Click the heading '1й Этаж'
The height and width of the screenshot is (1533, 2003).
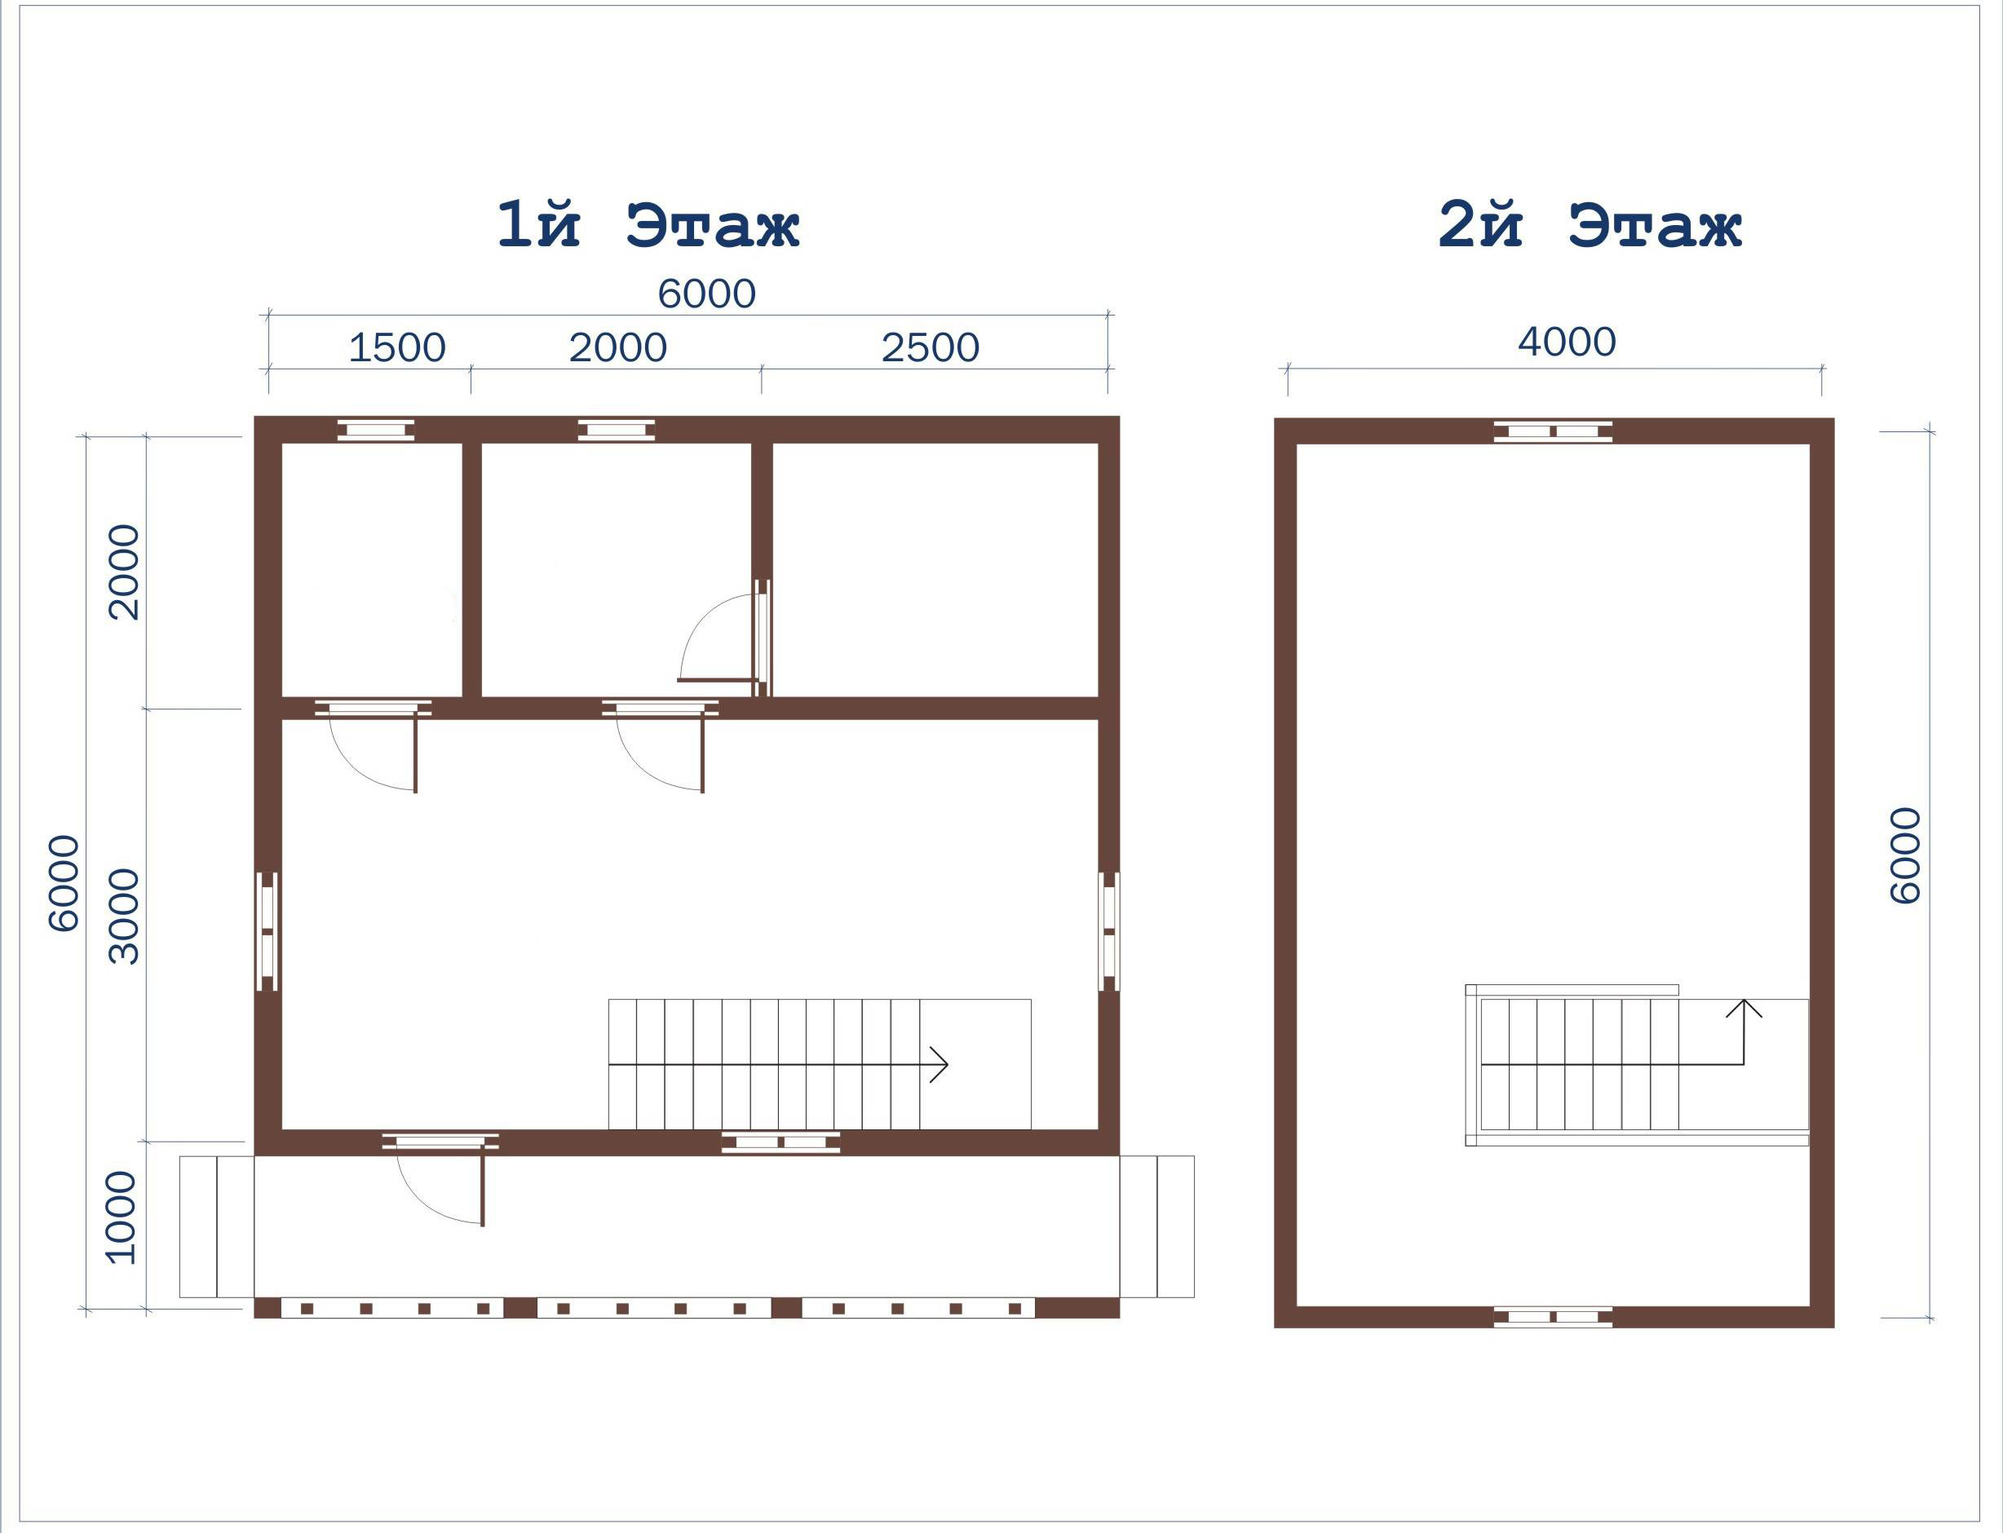pyautogui.click(x=648, y=224)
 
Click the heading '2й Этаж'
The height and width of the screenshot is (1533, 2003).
pyautogui.click(x=1590, y=224)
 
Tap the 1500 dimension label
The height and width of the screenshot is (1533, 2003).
pyautogui.click(x=397, y=347)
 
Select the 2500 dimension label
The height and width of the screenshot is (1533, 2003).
pyautogui.click(x=930, y=347)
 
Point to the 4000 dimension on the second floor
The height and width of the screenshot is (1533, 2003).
pyautogui.click(x=1567, y=342)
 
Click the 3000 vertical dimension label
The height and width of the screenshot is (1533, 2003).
pyautogui.click(x=124, y=917)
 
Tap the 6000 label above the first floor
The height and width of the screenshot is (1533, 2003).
pyautogui.click(x=706, y=294)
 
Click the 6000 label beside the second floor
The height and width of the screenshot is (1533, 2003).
pyautogui.click(x=1904, y=855)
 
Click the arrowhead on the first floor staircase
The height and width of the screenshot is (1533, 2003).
pyautogui.click(x=940, y=1064)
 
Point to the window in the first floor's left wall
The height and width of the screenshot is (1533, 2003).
pyautogui.click(x=267, y=930)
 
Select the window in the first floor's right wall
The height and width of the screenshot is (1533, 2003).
pyautogui.click(x=1108, y=930)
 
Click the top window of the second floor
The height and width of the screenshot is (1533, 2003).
pyautogui.click(x=1552, y=431)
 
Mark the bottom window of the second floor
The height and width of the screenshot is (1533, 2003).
pyautogui.click(x=1552, y=1317)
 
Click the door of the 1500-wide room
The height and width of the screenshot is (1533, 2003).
pyautogui.click(x=374, y=745)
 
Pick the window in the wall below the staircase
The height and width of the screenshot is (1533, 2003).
pyautogui.click(x=780, y=1142)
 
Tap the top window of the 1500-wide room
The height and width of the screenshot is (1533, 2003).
pyautogui.click(x=376, y=430)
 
